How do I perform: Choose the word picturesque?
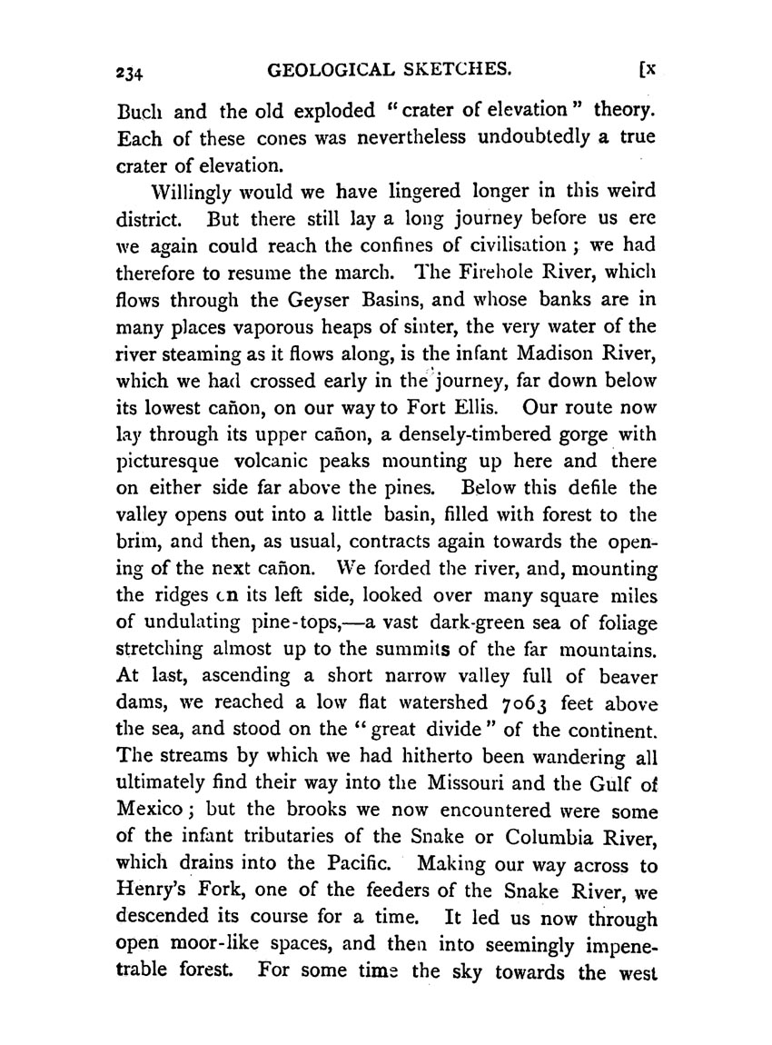[x=173, y=454]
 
